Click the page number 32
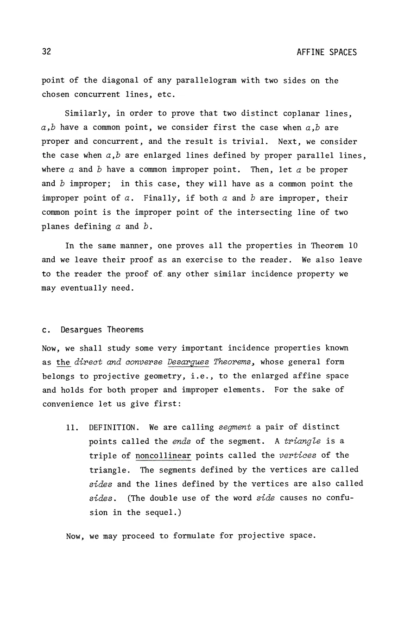pos(46,51)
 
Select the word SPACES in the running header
pos(343,52)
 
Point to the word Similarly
pos(86,113)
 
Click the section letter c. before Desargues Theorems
pos(45,330)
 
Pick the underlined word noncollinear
pos(163,455)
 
